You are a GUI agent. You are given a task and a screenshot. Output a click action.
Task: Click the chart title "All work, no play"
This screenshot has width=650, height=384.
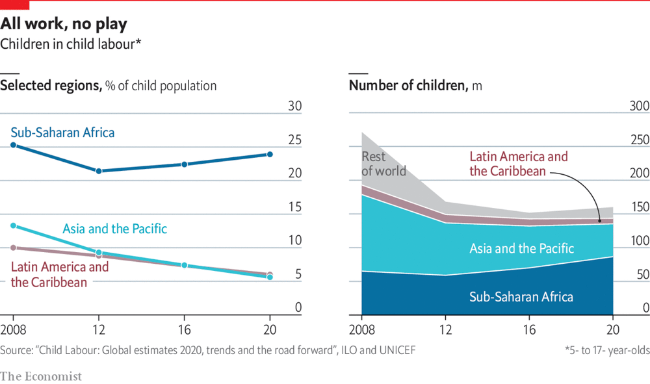click(x=64, y=24)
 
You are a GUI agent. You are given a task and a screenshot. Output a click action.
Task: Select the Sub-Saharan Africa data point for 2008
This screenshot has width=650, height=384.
click(x=12, y=146)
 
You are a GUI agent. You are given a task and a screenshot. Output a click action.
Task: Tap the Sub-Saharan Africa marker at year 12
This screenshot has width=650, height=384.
click(x=99, y=171)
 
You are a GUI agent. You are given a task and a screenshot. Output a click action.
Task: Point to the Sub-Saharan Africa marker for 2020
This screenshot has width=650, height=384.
click(x=270, y=155)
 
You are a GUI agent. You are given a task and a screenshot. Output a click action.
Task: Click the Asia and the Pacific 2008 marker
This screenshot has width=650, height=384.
click(x=12, y=225)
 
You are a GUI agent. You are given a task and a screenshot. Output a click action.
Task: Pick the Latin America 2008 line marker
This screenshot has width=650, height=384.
click(x=12, y=248)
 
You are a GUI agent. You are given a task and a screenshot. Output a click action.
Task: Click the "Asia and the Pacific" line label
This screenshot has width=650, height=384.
click(x=114, y=229)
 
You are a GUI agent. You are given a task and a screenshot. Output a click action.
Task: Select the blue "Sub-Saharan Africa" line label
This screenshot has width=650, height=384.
click(x=62, y=133)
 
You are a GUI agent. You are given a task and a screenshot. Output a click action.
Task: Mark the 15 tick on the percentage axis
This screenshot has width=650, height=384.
click(x=294, y=207)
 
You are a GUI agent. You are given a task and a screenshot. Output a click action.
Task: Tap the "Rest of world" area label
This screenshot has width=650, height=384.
click(x=383, y=164)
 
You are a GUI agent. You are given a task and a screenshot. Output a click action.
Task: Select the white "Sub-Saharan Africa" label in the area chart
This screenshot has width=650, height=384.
click(x=521, y=297)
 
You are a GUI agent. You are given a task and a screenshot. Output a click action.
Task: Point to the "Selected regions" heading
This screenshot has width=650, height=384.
click(x=51, y=86)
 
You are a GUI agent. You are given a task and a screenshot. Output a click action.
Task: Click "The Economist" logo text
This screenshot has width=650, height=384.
click(x=41, y=376)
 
